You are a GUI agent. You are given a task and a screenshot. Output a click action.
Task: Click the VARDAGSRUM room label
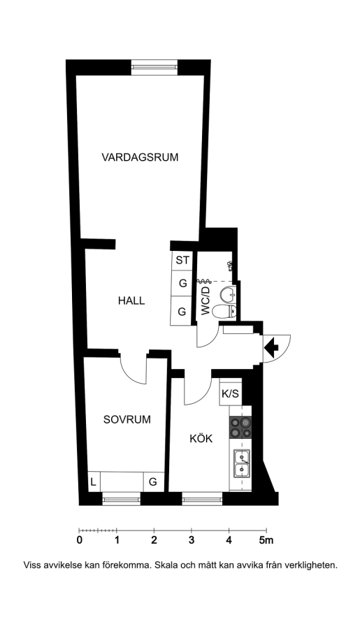[x=140, y=157]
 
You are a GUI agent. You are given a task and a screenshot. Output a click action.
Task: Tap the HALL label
[x=131, y=301]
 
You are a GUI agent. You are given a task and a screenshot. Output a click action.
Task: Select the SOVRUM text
[x=127, y=419]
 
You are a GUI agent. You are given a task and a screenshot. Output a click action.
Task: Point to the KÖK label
[x=201, y=438]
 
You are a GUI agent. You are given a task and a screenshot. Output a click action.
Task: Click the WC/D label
[x=205, y=301]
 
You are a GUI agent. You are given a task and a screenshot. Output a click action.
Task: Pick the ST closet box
[x=182, y=261]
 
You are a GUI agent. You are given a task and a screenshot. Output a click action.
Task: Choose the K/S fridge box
[x=231, y=393]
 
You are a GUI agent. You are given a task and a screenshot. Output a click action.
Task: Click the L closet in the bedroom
[x=94, y=482]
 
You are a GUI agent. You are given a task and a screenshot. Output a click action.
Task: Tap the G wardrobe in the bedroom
[x=153, y=482]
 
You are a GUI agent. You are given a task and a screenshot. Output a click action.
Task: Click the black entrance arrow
[x=272, y=347]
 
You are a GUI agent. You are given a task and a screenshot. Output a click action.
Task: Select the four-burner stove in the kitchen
[x=240, y=427]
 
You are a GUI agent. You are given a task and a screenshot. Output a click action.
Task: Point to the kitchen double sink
[x=242, y=463]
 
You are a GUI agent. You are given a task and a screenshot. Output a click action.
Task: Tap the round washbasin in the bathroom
[x=227, y=294]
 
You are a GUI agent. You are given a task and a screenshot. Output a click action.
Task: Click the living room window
[x=154, y=67]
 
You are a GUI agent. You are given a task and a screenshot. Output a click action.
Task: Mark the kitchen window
[x=202, y=499]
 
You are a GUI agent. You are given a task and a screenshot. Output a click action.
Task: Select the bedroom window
[x=121, y=499]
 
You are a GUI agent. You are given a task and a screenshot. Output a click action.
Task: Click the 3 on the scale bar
[x=192, y=540]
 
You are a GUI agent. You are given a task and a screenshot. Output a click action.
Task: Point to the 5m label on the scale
[x=266, y=540]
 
